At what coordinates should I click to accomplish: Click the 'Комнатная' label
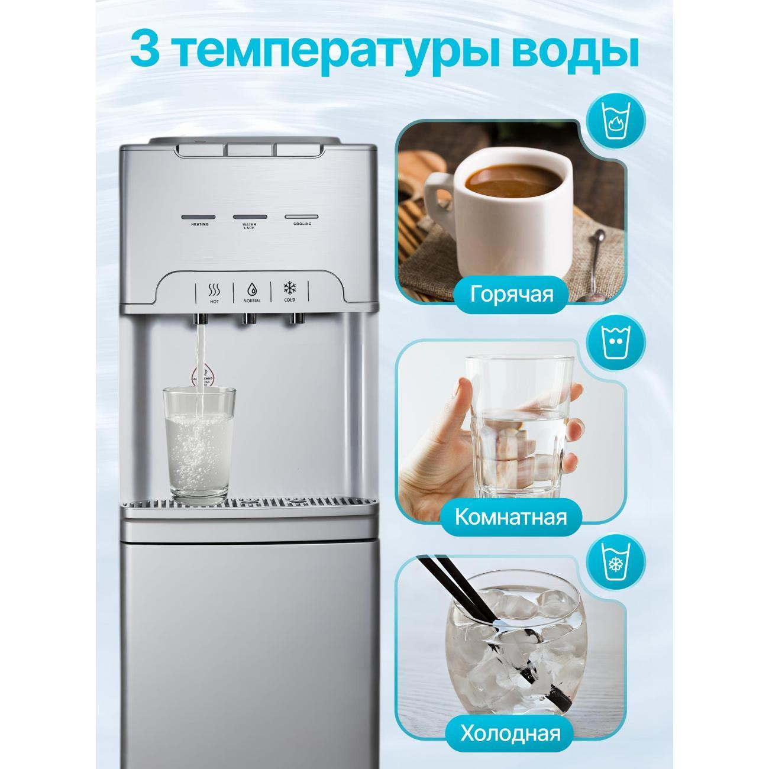pyautogui.click(x=510, y=516)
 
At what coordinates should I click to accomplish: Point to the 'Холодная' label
pyautogui.click(x=510, y=734)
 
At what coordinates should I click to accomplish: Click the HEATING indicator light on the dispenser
pyautogui.click(x=199, y=217)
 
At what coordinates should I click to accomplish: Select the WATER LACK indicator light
pyautogui.click(x=250, y=217)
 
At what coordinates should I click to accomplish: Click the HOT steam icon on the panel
pyautogui.click(x=214, y=290)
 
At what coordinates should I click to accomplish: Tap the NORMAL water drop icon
pyautogui.click(x=252, y=290)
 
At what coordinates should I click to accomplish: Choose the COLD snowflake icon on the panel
pyautogui.click(x=290, y=289)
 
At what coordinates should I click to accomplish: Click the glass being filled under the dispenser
pyautogui.click(x=199, y=444)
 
